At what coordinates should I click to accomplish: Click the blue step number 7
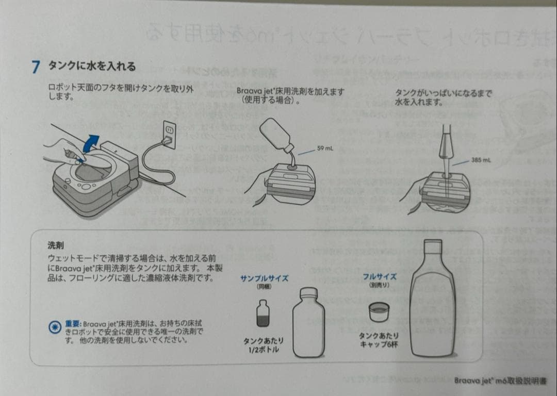(36, 67)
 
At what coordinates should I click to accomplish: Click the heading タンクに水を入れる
(92, 66)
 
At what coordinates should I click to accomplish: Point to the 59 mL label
(325, 148)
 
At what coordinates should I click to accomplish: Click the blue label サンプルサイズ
(264, 278)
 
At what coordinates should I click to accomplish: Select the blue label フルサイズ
(380, 276)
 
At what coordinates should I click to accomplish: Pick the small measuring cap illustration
(379, 311)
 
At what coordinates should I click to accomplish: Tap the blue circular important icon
(55, 326)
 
